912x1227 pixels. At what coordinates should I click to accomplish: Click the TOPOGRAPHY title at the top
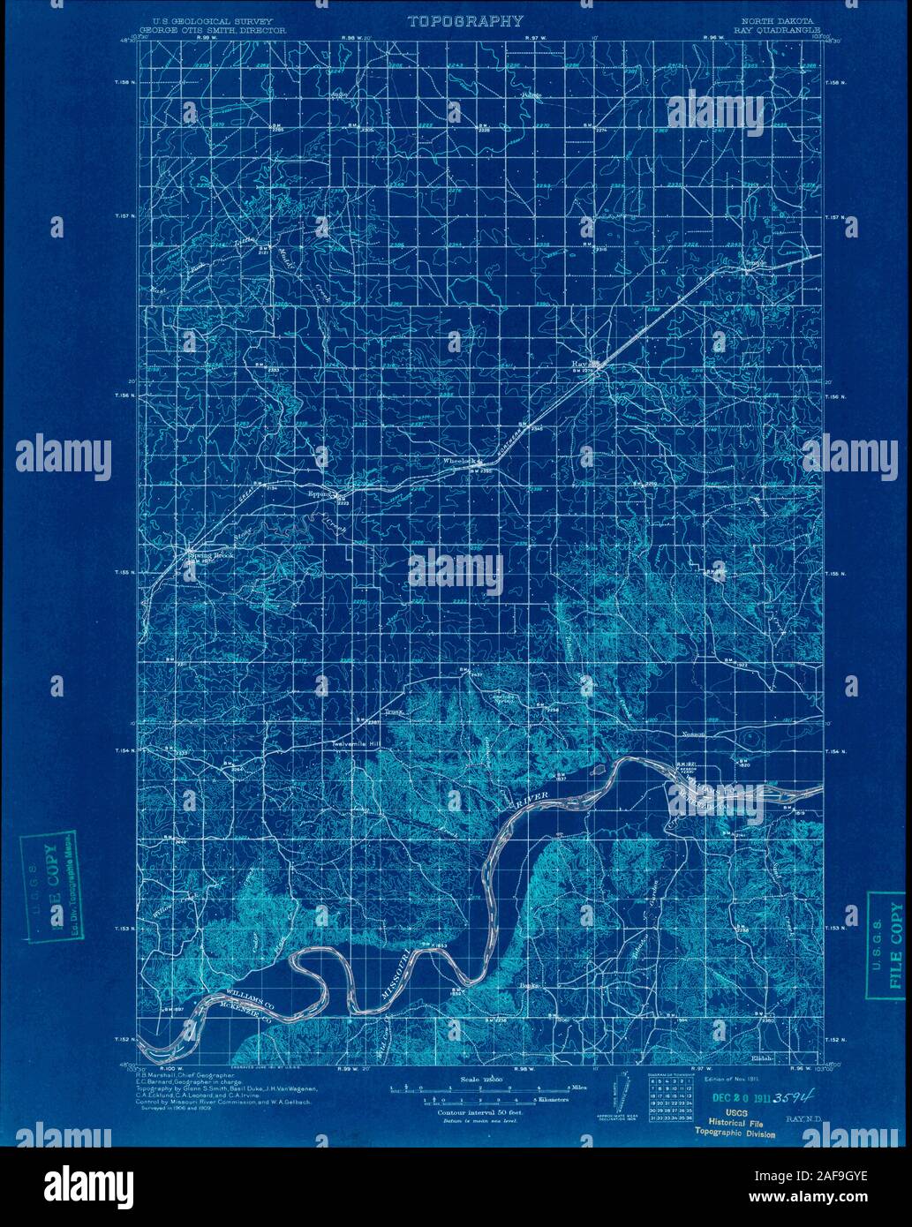pos(464,21)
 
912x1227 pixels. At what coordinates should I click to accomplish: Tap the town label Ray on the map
pos(580,363)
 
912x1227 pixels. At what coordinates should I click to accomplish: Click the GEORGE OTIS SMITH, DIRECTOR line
pos(219,28)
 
